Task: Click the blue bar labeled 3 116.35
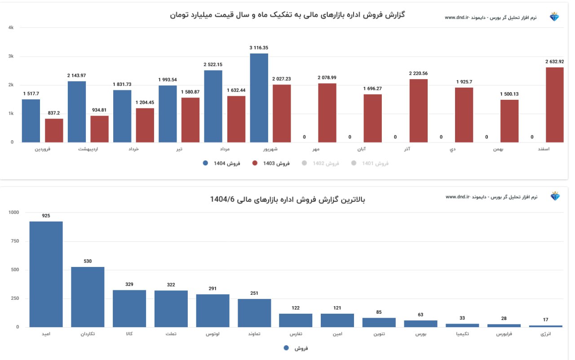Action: pos(259,98)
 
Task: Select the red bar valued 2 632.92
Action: pos(554,105)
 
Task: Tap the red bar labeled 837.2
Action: pos(54,130)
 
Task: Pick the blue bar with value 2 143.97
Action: pos(76,111)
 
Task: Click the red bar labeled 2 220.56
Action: pos(418,111)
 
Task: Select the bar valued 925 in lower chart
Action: pos(46,274)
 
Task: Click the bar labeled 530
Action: pos(88,297)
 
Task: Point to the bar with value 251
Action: pos(254,313)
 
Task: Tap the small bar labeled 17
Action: pos(545,326)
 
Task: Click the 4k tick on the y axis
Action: pos(11,28)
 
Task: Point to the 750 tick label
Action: pos(14,241)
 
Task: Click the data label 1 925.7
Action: pos(464,82)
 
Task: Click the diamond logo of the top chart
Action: pos(555,17)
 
